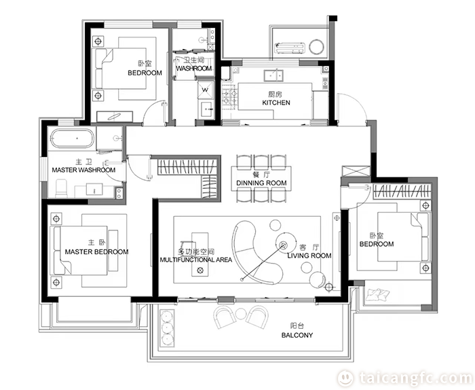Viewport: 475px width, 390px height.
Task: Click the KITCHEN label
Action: pos(276,103)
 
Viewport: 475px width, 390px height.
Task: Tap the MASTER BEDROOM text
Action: pos(96,251)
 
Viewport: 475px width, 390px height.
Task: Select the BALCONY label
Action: pos(297,335)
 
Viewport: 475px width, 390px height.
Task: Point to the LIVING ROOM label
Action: pos(309,255)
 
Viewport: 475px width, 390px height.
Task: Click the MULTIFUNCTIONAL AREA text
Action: pos(196,260)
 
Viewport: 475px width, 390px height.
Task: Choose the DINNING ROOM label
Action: pos(261,183)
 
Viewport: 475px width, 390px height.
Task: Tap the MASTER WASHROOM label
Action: pos(83,170)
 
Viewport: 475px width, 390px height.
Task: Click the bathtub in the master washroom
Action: pos(72,139)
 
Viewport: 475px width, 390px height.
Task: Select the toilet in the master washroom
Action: pos(61,188)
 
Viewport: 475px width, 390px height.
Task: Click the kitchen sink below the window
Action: pos(273,75)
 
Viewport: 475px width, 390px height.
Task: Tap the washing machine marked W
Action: pos(206,90)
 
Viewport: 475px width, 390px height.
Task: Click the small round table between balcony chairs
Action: pos(240,314)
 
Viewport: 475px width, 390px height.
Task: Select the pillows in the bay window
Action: pos(377,295)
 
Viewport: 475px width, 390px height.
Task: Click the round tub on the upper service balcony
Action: pos(317,47)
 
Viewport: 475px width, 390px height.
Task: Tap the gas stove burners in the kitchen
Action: pos(229,98)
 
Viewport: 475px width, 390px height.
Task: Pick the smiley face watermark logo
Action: pos(345,378)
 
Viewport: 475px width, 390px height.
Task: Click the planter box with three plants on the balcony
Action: pos(167,328)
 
